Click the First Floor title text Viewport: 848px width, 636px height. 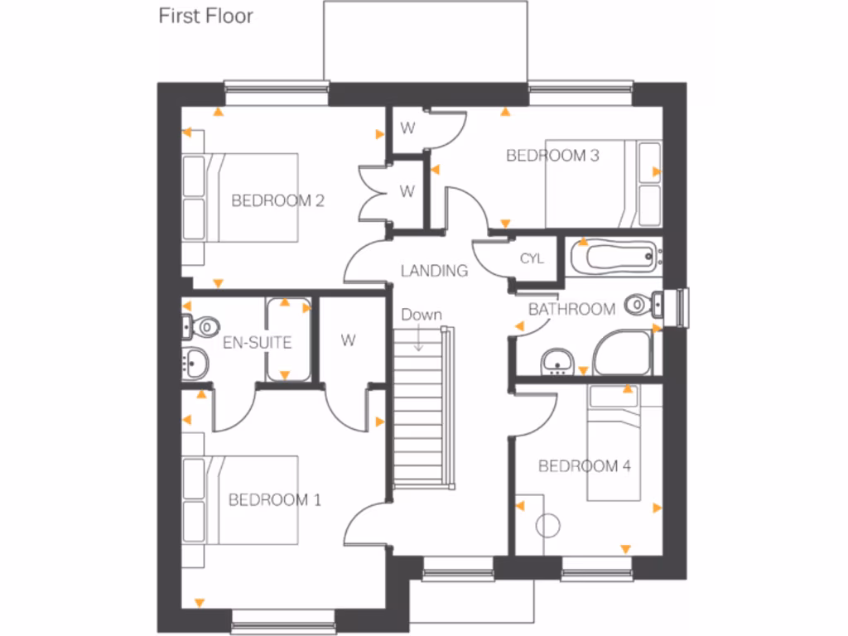206,16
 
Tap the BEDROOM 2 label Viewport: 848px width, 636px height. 277,200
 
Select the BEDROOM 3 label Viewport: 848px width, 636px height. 552,155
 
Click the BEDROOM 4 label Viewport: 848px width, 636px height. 585,466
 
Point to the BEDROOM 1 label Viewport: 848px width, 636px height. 274,499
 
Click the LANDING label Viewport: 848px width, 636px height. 434,271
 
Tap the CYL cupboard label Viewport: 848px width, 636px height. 532,258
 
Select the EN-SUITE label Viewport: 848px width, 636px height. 257,342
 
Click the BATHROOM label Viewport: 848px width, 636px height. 571,310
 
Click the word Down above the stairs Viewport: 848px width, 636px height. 422,315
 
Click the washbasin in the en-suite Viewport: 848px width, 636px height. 195,362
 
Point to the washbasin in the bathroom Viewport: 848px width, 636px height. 559,361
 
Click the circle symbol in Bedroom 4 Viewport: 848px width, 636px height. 547,525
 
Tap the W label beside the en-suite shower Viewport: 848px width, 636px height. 347,340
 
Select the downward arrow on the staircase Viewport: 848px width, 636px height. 419,340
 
